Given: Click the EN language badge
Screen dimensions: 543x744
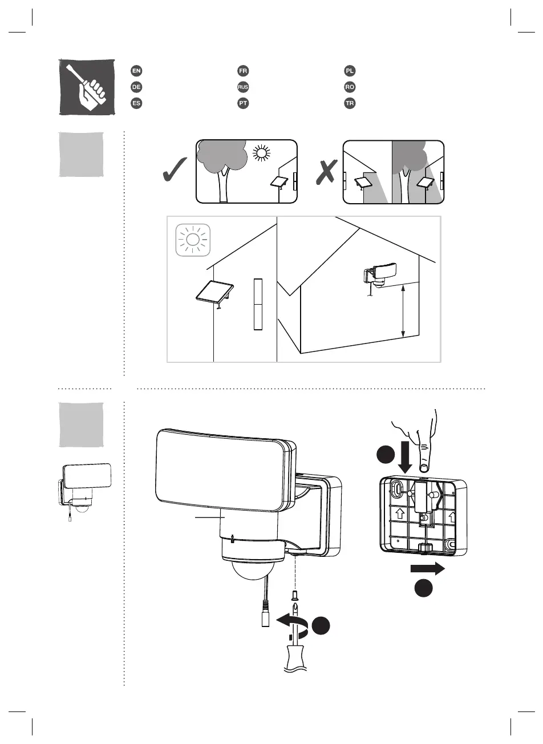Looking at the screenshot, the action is pos(136,71).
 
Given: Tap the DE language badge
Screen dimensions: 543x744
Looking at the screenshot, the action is pos(136,87).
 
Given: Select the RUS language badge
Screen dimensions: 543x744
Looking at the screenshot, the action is pos(243,87).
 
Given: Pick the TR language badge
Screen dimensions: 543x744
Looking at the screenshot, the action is pos(350,104).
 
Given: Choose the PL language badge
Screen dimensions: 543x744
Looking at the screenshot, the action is pos(350,71).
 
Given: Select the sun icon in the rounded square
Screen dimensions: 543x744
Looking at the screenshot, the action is pos(193,239).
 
